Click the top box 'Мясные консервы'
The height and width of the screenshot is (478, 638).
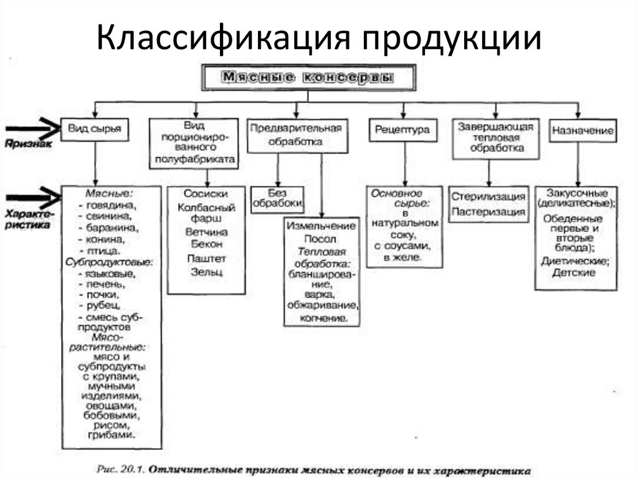(308, 78)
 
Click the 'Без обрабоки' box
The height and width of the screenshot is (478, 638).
(278, 198)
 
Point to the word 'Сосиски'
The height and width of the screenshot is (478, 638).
(206, 194)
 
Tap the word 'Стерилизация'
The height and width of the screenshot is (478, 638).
(488, 197)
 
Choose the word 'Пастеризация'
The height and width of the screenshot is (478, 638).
(488, 212)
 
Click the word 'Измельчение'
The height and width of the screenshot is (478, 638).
(321, 226)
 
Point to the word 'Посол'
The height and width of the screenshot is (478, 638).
(321, 239)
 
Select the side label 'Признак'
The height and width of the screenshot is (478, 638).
(28, 143)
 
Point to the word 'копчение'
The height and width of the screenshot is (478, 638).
(323, 318)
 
